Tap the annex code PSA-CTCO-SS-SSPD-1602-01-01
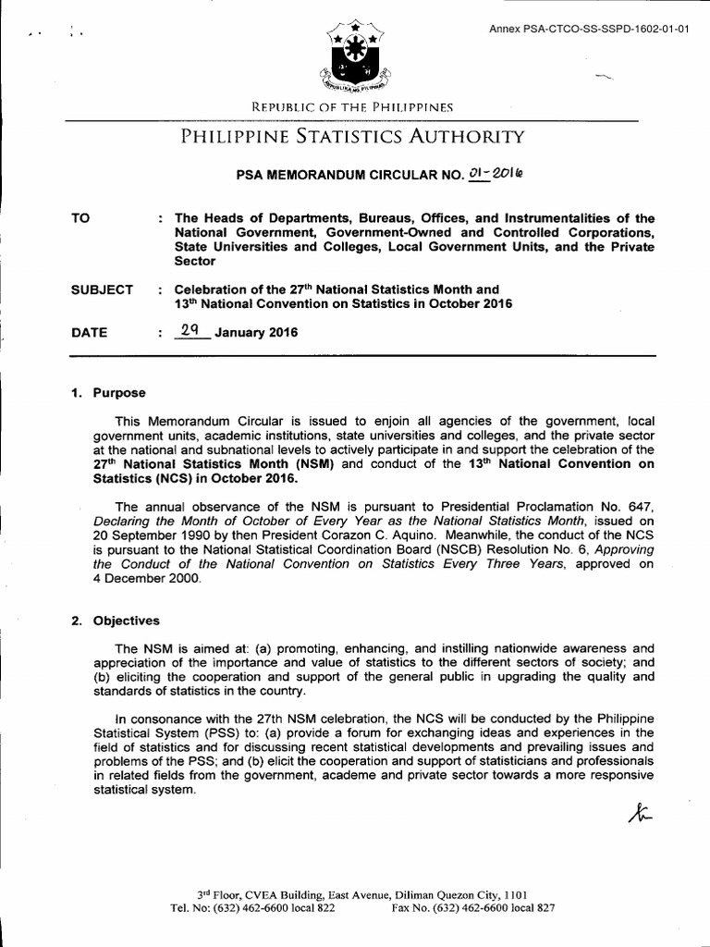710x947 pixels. click(x=589, y=29)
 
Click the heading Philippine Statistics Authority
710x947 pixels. click(x=353, y=138)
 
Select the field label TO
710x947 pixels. click(x=81, y=219)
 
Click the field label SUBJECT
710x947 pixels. click(x=102, y=289)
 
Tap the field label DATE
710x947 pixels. click(x=89, y=333)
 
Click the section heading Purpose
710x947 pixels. click(x=118, y=393)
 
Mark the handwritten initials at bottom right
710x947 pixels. click(x=639, y=814)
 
